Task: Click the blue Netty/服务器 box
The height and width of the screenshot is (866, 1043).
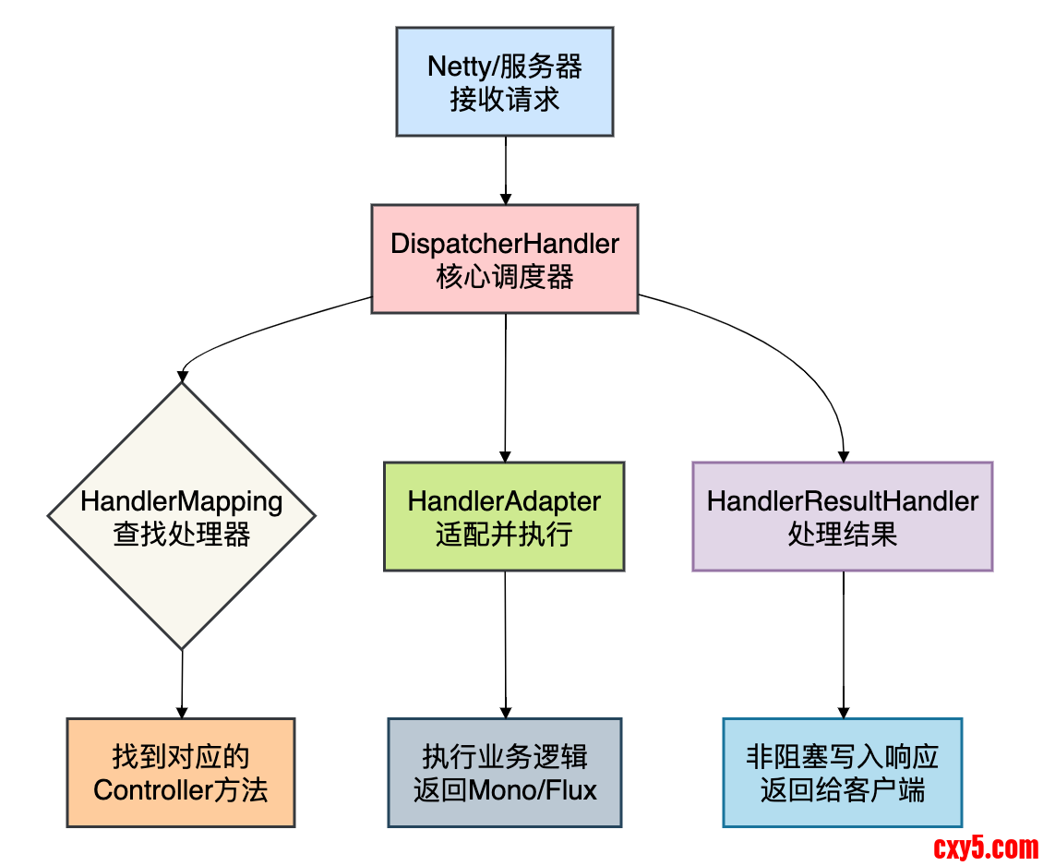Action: click(505, 81)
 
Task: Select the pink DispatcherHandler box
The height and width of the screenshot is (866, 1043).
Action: click(505, 259)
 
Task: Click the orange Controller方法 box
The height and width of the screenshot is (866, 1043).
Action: click(181, 773)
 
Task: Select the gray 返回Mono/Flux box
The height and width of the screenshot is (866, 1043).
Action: click(505, 773)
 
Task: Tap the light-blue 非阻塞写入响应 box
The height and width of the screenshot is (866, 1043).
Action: click(842, 773)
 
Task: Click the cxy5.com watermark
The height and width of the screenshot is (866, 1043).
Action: click(986, 846)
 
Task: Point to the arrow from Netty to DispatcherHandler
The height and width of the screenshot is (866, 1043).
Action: click(505, 170)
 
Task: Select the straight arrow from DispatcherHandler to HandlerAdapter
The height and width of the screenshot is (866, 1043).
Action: click(505, 388)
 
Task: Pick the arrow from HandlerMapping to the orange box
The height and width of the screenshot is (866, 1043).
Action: click(182, 683)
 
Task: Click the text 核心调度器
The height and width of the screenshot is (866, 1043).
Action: click(505, 276)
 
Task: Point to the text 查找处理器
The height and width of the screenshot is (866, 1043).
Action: click(182, 534)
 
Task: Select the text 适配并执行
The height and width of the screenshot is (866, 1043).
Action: click(504, 534)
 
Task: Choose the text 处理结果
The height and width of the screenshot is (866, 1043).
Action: click(842, 534)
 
